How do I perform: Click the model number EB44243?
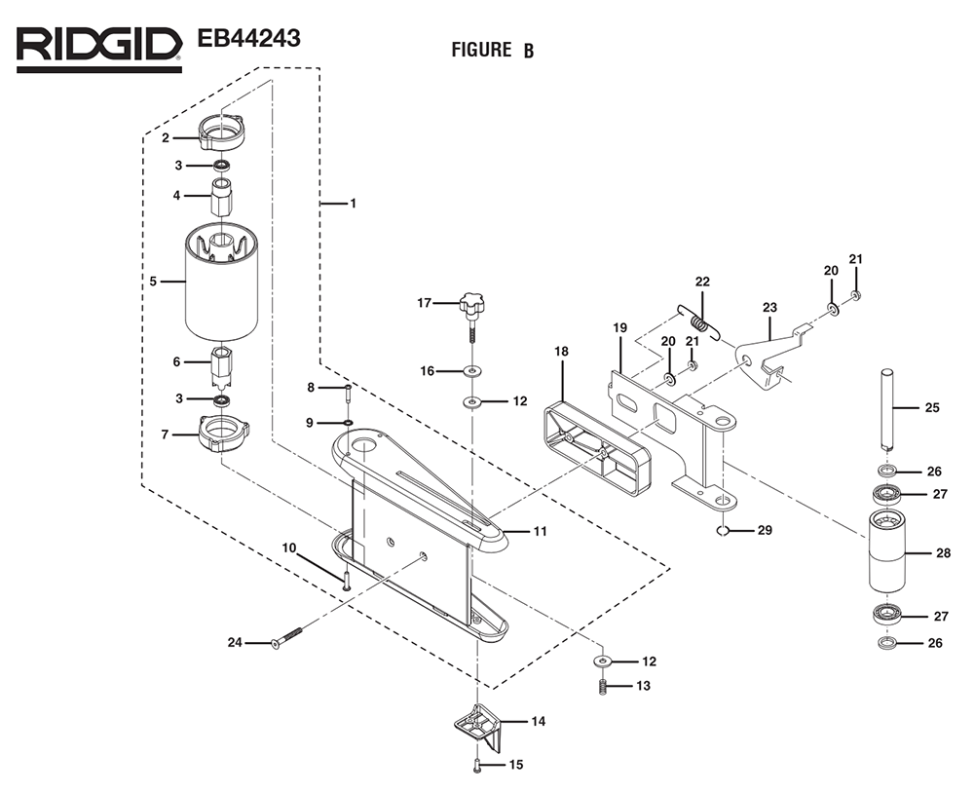pos(247,39)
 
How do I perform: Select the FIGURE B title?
pos(492,50)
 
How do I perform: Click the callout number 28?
pos(943,553)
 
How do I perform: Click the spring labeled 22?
pos(697,321)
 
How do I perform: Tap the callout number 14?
pos(537,722)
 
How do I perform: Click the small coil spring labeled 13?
pos(603,688)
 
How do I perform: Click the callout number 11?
pos(539,531)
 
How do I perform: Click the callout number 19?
pos(619,327)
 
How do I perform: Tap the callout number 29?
pos(764,530)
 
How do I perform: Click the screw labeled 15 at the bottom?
pos(477,766)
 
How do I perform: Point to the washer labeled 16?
pos(473,370)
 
